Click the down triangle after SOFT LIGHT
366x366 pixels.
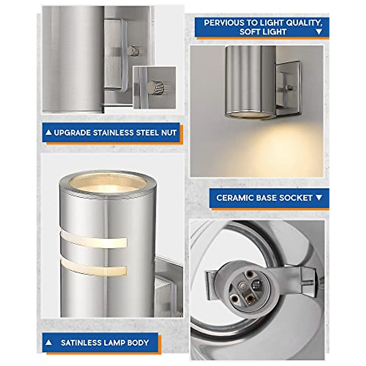pos(319,32)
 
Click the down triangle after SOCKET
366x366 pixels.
pos(319,198)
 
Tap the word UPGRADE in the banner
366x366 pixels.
pos(72,133)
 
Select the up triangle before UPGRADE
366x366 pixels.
pos(48,133)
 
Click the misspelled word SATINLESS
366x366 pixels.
pos(81,343)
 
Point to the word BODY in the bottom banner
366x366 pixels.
pos(138,343)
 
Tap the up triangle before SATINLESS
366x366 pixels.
pos(48,343)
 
